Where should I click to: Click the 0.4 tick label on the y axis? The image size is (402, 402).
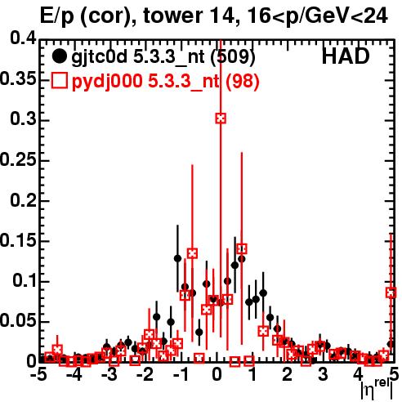click(23, 38)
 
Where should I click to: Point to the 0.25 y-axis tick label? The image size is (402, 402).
click(18, 159)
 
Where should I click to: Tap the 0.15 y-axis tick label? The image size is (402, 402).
click(18, 241)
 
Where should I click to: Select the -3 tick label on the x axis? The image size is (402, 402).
click(109, 374)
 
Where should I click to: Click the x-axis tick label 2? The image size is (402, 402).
click(288, 374)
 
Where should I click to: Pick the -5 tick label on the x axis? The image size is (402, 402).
click(38, 374)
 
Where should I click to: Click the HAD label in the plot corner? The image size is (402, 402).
click(346, 56)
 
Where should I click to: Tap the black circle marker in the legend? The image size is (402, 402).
click(59, 56)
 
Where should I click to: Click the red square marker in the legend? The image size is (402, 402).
click(59, 81)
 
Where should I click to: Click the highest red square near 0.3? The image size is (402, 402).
click(221, 118)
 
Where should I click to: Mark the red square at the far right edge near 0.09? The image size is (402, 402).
click(391, 293)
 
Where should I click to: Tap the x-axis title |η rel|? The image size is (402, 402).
click(377, 390)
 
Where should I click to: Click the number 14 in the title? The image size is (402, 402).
click(221, 16)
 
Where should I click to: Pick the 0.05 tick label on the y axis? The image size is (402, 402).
click(18, 321)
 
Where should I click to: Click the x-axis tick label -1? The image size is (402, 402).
click(181, 374)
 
